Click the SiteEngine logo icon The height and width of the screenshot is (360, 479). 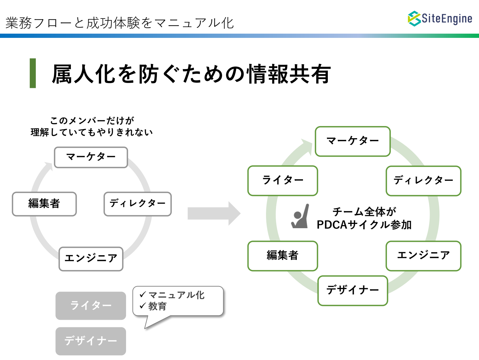click(x=414, y=18)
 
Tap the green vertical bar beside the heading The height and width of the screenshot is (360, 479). click(x=33, y=73)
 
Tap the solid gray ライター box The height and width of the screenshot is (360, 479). click(x=91, y=306)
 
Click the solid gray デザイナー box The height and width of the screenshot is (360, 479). click(x=91, y=341)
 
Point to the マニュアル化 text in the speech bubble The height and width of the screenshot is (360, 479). click(x=177, y=295)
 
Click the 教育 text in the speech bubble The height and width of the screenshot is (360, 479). click(x=158, y=306)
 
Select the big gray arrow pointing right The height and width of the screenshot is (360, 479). click(x=214, y=213)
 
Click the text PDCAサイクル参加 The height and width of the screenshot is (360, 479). click(x=364, y=225)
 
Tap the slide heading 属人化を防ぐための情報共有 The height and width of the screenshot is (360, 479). click(x=191, y=74)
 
